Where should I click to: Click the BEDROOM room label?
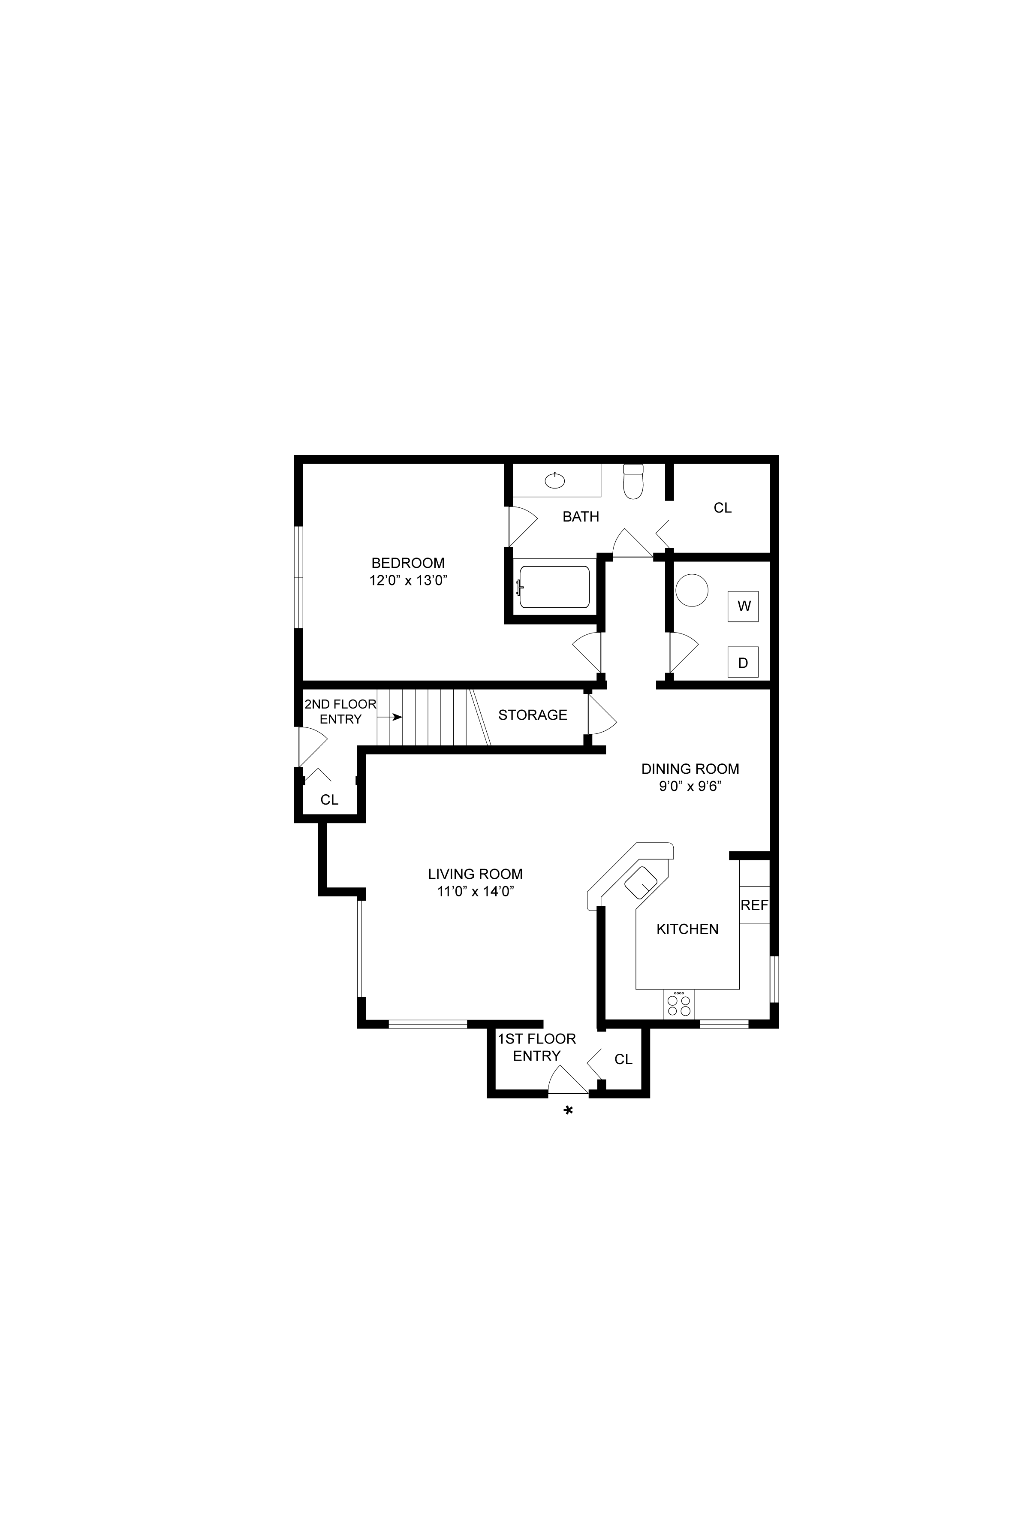[x=408, y=563]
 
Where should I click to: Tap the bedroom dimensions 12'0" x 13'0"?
[x=409, y=581]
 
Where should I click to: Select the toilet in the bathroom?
[x=633, y=482]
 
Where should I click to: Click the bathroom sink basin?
[x=555, y=480]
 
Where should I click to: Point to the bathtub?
[x=554, y=587]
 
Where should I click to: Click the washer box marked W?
[x=743, y=606]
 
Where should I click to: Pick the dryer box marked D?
[x=743, y=662]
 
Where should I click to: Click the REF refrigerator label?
[x=754, y=905]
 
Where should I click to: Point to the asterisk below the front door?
[x=568, y=1111]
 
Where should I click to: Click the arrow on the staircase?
[x=390, y=717]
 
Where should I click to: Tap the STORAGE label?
[x=533, y=715]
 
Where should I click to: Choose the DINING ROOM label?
[x=690, y=769]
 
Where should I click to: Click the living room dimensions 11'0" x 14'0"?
[x=476, y=891]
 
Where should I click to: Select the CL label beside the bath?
[x=723, y=508]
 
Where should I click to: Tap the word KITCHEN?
[x=687, y=929]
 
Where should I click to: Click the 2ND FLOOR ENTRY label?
[x=340, y=712]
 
